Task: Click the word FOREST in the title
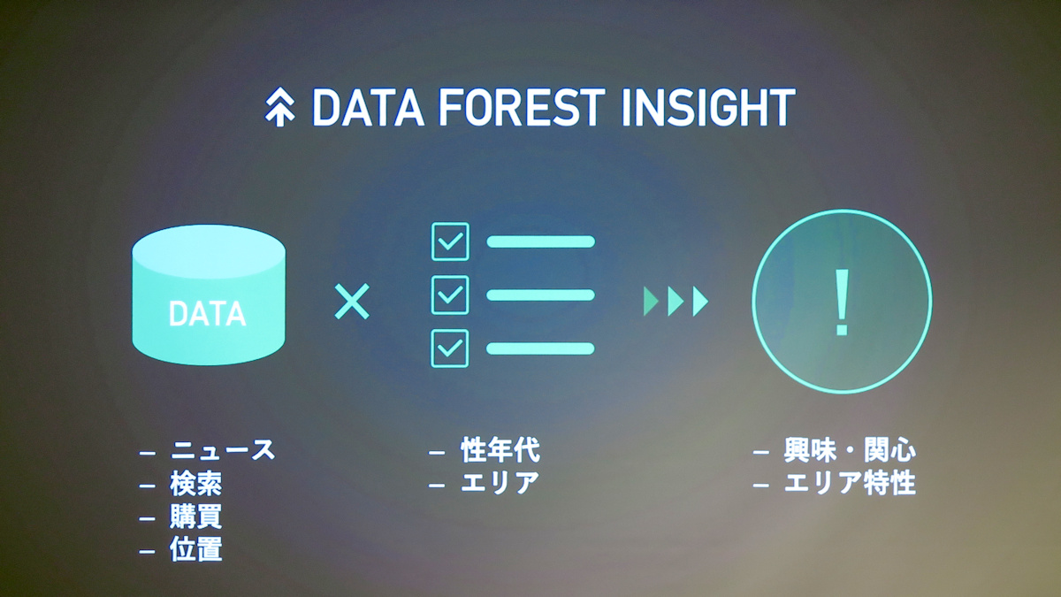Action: pos(522,107)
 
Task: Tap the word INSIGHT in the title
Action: pos(708,107)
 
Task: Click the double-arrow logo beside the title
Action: pos(279,107)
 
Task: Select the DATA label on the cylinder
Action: pos(208,314)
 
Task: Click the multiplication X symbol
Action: pos(352,302)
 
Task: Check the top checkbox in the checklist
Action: pos(450,241)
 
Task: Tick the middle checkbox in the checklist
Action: pos(450,295)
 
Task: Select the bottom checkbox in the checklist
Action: pos(450,348)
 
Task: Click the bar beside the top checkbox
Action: pos(541,241)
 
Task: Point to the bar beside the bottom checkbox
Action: pos(540,348)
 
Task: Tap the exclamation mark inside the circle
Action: pos(842,302)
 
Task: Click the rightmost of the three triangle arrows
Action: pos(700,302)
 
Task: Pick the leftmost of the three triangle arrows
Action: pos(652,302)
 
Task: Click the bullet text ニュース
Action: pos(223,449)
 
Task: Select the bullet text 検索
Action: pos(196,484)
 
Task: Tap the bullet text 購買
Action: pos(196,517)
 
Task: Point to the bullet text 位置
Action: pos(196,549)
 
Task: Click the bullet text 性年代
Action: pos(500,449)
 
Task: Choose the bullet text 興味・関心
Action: pos(851,449)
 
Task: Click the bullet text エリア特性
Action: pos(851,483)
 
